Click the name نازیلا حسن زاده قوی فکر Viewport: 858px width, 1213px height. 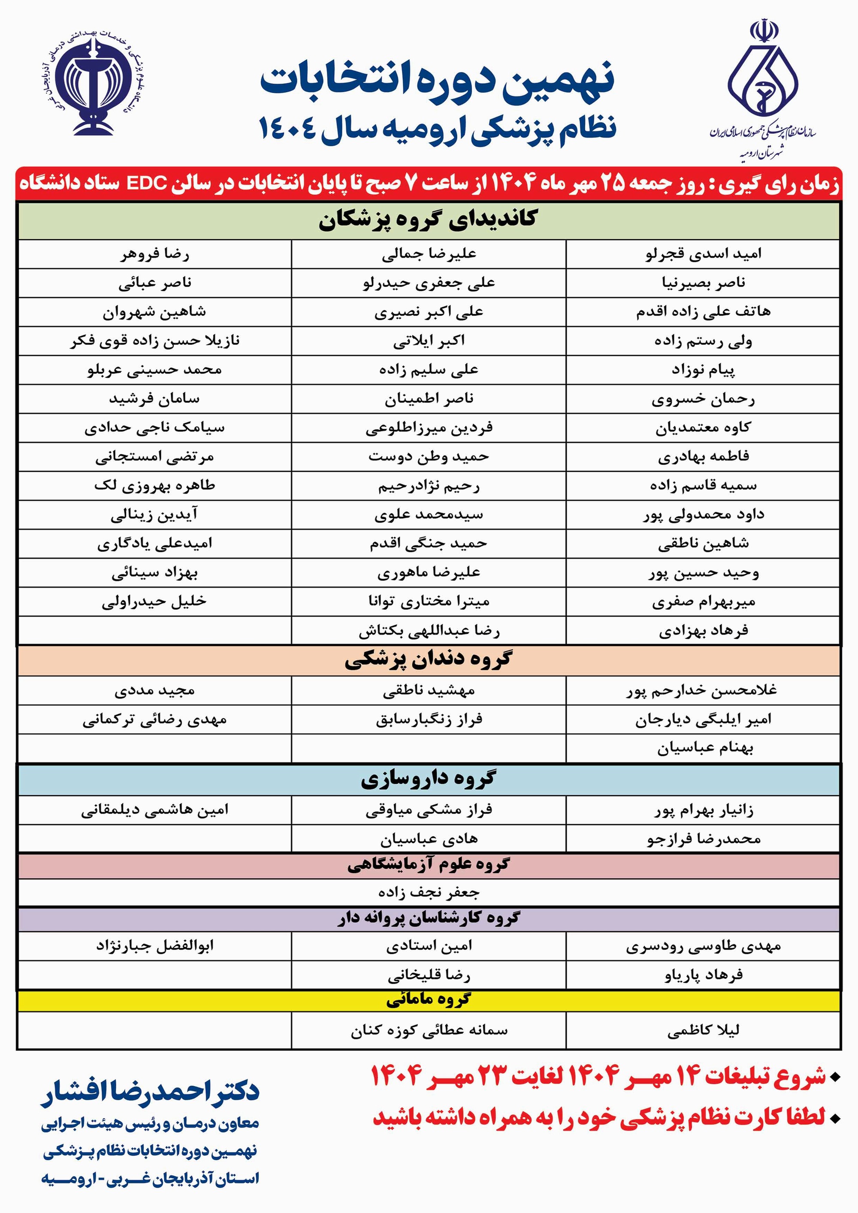(x=154, y=341)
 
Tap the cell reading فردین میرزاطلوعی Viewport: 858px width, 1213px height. (x=429, y=428)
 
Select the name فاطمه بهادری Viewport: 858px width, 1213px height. (x=703, y=457)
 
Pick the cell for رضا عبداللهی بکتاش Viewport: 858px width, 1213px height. (x=429, y=631)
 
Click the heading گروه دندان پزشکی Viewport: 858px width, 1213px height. (x=428, y=660)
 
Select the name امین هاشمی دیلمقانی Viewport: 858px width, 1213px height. (x=154, y=810)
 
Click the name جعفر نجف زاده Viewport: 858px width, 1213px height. (x=429, y=893)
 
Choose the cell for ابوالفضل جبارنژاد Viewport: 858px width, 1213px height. (x=154, y=946)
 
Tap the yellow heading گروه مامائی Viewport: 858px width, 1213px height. (x=428, y=1000)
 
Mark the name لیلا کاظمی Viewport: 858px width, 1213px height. (x=703, y=1030)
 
